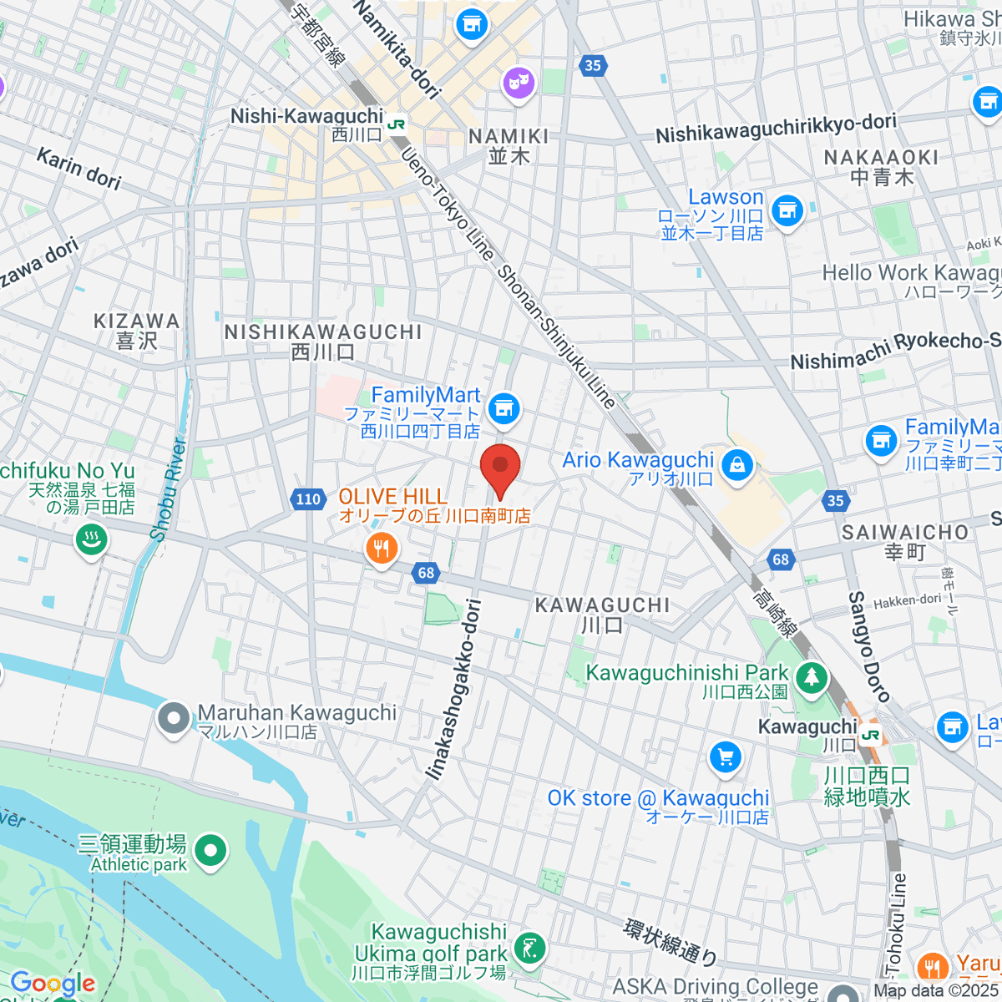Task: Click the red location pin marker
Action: click(500, 468)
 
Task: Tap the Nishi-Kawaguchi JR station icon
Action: click(397, 123)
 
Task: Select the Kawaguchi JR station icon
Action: click(871, 735)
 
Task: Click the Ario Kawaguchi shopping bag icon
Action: click(736, 464)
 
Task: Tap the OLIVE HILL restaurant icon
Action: click(382, 549)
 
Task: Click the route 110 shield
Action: click(308, 499)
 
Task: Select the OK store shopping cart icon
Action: click(725, 758)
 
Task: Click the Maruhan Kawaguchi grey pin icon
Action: click(174, 718)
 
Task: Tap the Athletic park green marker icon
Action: click(210, 852)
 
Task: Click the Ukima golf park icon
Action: click(529, 948)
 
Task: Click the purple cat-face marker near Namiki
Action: click(519, 82)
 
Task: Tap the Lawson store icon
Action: click(786, 211)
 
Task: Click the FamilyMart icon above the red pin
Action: click(504, 408)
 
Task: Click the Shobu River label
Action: click(169, 489)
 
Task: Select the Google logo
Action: click(52, 984)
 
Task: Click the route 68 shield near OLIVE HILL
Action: click(426, 572)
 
